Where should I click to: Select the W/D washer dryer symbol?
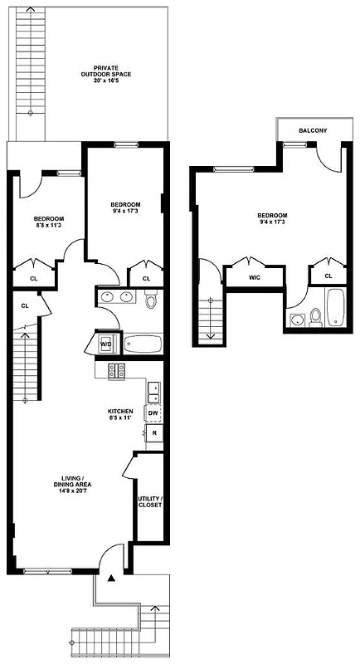106,344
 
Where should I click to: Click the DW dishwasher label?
153,413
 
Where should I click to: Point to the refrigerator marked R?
154,432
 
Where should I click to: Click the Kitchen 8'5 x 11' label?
120,415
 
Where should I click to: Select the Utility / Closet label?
150,501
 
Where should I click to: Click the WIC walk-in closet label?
255,278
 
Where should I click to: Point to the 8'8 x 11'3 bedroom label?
50,222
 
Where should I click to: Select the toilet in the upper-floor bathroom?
315,316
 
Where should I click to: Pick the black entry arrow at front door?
110,579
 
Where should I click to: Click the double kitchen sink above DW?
153,390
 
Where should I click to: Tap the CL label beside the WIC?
328,276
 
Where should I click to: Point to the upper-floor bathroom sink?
296,321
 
